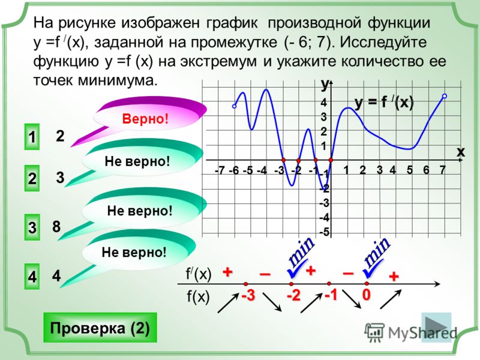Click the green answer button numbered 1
32,137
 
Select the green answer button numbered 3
32,227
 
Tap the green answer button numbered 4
32,277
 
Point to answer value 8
56,227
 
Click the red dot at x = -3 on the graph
283,160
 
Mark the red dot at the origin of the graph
331,160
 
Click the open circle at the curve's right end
445,96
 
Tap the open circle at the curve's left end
234,106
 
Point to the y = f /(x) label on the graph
384,103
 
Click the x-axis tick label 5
410,170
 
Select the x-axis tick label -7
220,170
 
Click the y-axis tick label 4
323,103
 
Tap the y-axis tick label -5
324,232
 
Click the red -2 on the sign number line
293,296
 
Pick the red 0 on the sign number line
367,295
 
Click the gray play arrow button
436,326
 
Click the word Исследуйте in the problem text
383,42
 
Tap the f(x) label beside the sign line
198,297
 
